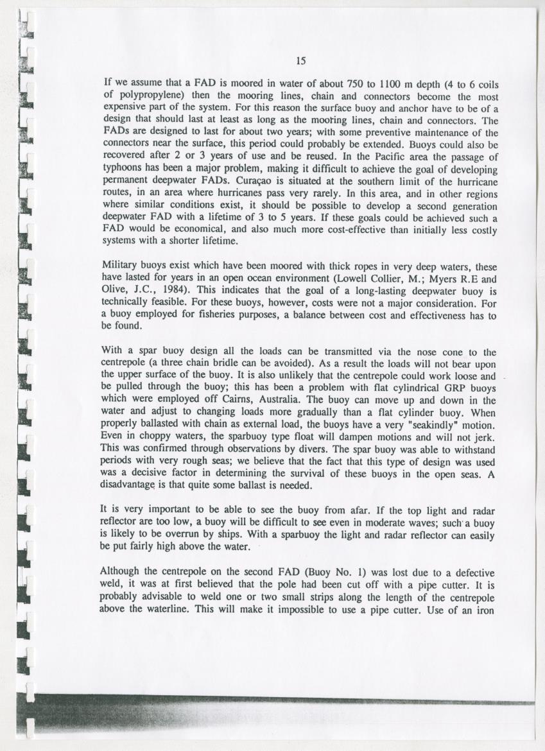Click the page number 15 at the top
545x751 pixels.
300,61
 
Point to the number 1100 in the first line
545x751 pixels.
376,83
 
